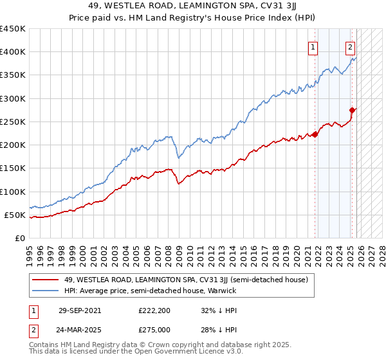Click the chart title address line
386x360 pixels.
point(193,6)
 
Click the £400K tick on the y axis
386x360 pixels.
point(13,52)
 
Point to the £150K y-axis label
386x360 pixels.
point(13,168)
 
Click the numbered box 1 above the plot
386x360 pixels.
point(313,46)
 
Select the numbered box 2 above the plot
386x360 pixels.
point(350,46)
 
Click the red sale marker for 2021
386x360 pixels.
point(315,134)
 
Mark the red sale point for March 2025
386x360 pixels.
point(353,110)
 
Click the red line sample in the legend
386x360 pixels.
point(46,280)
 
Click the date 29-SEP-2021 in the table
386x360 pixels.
point(80,310)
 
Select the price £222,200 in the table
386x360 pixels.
point(154,310)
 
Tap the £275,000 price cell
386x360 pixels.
point(154,330)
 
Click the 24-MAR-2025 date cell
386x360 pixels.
point(80,330)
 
